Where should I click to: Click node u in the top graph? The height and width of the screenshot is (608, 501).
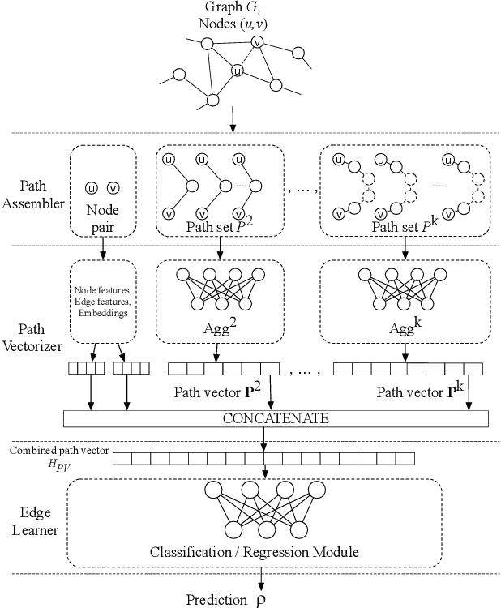[237, 71]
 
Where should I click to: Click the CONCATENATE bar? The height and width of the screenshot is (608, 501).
[276, 418]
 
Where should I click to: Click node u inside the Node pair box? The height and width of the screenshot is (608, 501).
[92, 187]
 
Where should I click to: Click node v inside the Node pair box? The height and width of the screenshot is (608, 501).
[113, 187]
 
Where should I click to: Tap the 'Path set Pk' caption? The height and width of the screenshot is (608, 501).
[403, 228]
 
